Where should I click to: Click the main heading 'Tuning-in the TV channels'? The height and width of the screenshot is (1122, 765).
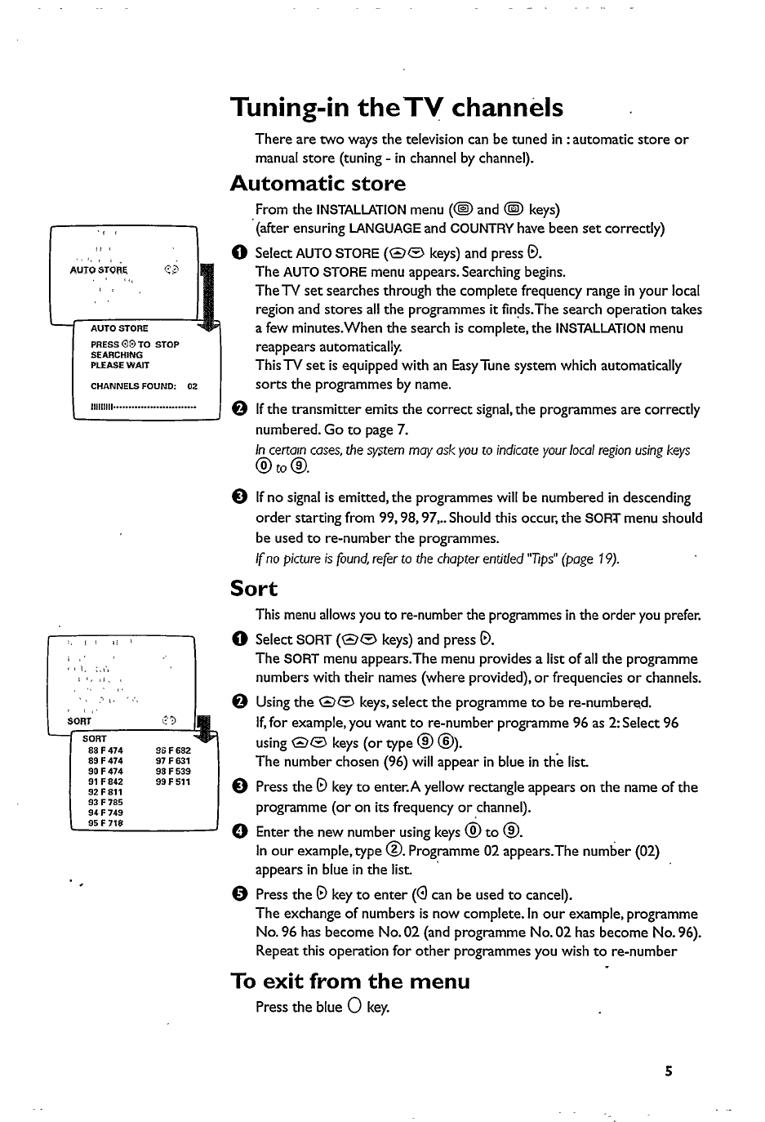(397, 108)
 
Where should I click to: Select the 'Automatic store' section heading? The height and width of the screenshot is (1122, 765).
(318, 184)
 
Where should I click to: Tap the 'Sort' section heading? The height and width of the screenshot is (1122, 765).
(254, 589)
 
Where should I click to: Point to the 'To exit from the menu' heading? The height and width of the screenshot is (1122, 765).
(350, 981)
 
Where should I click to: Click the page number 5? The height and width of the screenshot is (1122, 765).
(668, 1071)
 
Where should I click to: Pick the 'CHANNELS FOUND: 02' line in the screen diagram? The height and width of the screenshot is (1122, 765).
(144, 386)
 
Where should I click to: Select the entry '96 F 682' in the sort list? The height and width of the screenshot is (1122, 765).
(173, 750)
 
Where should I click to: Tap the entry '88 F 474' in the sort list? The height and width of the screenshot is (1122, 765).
(105, 750)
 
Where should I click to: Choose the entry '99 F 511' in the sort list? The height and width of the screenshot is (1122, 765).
(173, 781)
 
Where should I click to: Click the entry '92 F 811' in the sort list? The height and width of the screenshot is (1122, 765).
(105, 792)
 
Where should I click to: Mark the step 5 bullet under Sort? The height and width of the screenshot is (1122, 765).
(238, 895)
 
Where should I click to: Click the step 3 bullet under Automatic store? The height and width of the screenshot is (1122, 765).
(238, 498)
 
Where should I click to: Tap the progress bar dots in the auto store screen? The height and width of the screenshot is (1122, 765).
(144, 406)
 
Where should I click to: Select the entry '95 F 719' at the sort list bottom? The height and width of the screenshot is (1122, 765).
(105, 823)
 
